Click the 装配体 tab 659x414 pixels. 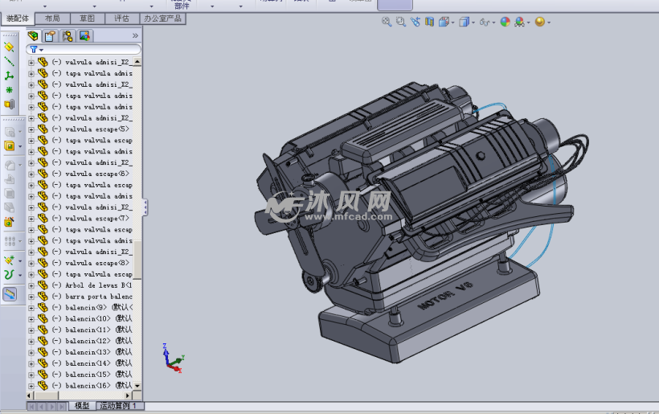(x=18, y=18)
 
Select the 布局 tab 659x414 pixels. (x=52, y=18)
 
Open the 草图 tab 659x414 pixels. (x=87, y=18)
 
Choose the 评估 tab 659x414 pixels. (x=121, y=18)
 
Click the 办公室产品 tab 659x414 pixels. (x=162, y=18)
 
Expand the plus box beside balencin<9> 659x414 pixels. (x=31, y=308)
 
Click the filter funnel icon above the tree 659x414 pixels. (x=34, y=50)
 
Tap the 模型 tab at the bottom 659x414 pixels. (x=82, y=407)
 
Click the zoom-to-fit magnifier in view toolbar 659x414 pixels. (x=387, y=23)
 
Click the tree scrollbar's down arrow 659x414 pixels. (x=137, y=386)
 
